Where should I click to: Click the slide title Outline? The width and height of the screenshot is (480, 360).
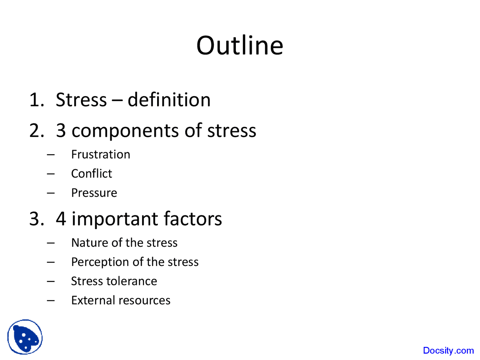240,45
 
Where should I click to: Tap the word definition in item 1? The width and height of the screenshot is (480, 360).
169,100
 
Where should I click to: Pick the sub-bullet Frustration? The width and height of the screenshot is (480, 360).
100,154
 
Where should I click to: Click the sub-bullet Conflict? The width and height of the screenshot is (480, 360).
91,174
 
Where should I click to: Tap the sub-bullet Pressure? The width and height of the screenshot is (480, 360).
94,193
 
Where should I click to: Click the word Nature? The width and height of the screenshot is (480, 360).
85,243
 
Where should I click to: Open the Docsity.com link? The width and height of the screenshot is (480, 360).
448,351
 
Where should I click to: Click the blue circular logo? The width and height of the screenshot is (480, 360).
25,337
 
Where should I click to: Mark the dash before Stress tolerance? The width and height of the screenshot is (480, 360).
51,281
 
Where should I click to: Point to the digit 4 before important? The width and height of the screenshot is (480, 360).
61,219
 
